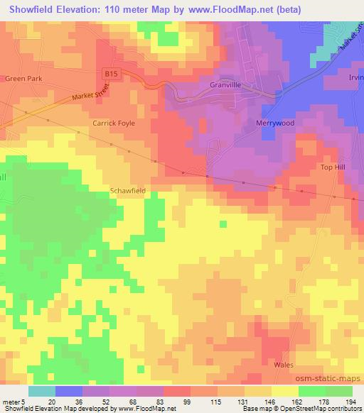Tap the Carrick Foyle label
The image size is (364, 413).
[x=113, y=123]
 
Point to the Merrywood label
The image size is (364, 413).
[x=274, y=123]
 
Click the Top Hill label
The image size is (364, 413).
[x=331, y=167]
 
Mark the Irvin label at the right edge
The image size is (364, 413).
[x=355, y=78]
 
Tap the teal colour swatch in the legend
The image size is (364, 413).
[x=41, y=391]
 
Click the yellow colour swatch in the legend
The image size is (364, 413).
[x=283, y=391]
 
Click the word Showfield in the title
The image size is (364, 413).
[x=34, y=10]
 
